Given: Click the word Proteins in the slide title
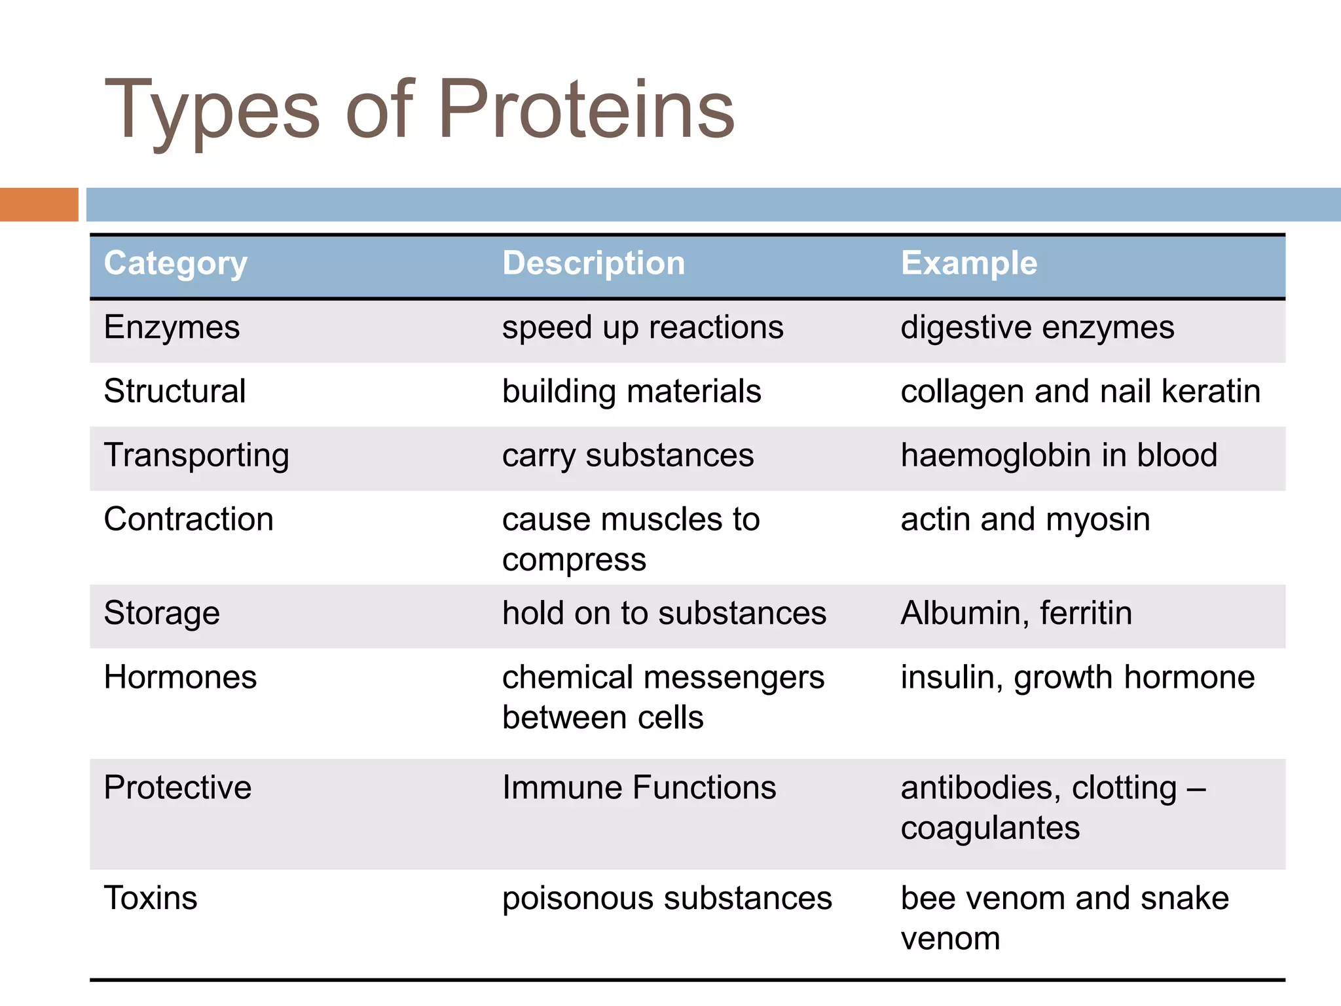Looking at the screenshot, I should click(x=586, y=109).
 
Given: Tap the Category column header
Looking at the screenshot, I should click(x=175, y=264).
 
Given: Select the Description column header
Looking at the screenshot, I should click(x=593, y=263).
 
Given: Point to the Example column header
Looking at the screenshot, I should click(x=968, y=263).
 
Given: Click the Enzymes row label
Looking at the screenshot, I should click(x=172, y=327).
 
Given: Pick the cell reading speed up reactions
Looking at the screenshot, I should click(x=642, y=327).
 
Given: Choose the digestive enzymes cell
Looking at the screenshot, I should click(x=1037, y=327).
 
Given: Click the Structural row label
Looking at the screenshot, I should click(x=175, y=392).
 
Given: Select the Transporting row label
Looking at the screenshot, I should click(x=196, y=456).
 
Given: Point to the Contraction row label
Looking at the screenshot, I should click(x=189, y=519).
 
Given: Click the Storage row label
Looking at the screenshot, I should click(x=162, y=614).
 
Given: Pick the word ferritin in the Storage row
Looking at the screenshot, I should click(x=1086, y=614).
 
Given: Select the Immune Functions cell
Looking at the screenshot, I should click(x=639, y=787).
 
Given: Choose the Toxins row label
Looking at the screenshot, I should click(x=151, y=898).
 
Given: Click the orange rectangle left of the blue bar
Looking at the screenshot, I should click(x=39, y=204).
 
